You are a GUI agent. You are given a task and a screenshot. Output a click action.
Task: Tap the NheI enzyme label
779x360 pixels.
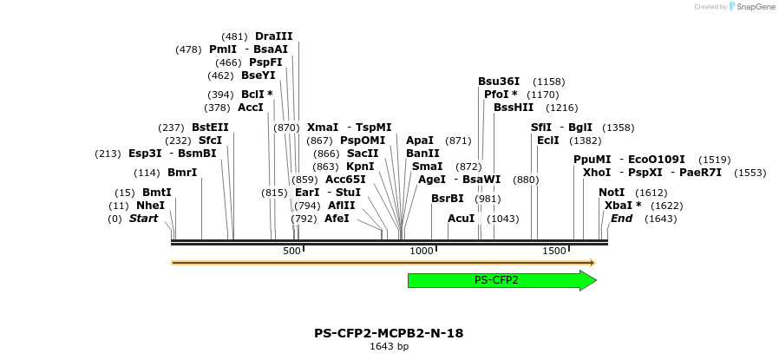[x=150, y=206]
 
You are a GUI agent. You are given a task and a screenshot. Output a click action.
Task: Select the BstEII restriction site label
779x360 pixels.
[x=210, y=128]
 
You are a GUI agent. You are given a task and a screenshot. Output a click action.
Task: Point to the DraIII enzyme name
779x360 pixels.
[x=273, y=36]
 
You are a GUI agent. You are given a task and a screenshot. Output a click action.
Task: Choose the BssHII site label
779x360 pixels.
[x=514, y=108]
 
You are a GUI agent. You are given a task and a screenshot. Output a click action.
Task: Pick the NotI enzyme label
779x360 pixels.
[x=612, y=193]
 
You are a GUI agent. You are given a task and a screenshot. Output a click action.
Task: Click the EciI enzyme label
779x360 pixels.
[x=548, y=141]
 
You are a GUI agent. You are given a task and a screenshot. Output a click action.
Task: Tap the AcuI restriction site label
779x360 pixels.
[x=461, y=219]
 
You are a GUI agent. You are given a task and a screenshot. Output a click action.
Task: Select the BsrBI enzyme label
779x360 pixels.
[x=448, y=199]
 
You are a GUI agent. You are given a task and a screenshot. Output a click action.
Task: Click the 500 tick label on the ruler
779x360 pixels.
[x=291, y=251]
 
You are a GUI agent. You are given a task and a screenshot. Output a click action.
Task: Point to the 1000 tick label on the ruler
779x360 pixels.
[x=421, y=251]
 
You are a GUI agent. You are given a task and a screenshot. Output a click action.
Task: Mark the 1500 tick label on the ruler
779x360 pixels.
[x=553, y=251]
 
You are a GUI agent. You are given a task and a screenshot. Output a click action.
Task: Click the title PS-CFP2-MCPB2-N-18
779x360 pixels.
[x=389, y=333]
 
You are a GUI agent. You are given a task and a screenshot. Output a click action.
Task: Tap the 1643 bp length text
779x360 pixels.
[x=389, y=347]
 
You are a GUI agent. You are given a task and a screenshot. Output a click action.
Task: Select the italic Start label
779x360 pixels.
[x=144, y=219]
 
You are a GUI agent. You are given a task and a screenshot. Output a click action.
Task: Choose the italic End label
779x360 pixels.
[x=621, y=219]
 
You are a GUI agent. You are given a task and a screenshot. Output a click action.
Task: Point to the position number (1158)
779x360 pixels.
[x=548, y=81]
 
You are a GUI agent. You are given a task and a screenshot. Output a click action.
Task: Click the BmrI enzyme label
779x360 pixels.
[x=182, y=173]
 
